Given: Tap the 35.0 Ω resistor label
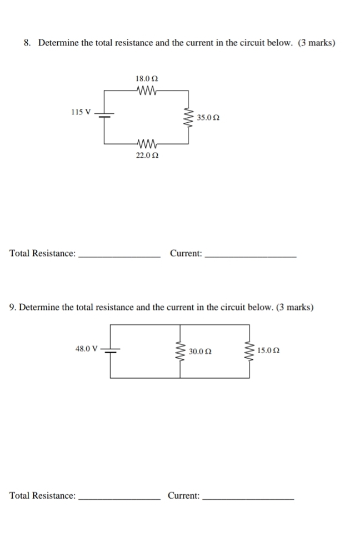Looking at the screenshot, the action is pos(208,118).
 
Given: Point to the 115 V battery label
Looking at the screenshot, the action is pos(81,112).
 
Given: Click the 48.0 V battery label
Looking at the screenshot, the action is pos(86,349).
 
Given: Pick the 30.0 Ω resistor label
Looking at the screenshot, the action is pos(200,351).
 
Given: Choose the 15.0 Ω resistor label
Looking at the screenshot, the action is pos(269,351).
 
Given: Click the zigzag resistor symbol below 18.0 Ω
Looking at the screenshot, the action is pos(146,89).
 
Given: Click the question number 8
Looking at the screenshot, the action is pos(26,43).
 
